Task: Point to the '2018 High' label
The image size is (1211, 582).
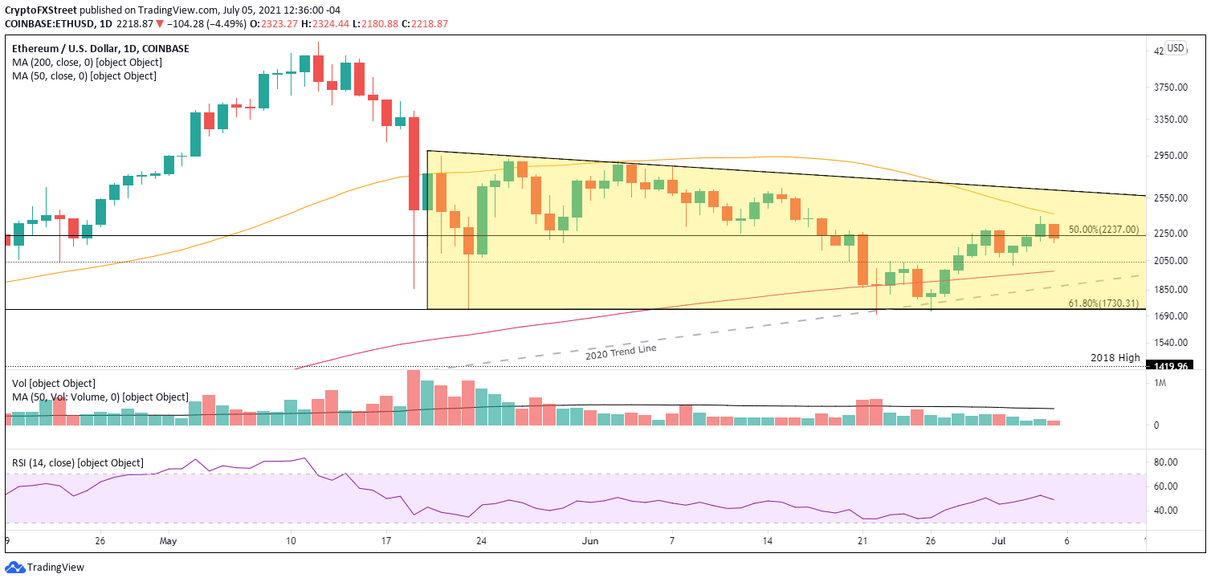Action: click(x=1115, y=357)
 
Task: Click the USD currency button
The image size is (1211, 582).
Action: click(x=1176, y=48)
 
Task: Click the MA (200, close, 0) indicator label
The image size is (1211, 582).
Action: click(x=86, y=63)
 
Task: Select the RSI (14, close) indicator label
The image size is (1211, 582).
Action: click(x=77, y=463)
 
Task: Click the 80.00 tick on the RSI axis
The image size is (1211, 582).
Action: click(x=1166, y=462)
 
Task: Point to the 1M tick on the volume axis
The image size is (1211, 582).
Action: click(x=1160, y=384)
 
